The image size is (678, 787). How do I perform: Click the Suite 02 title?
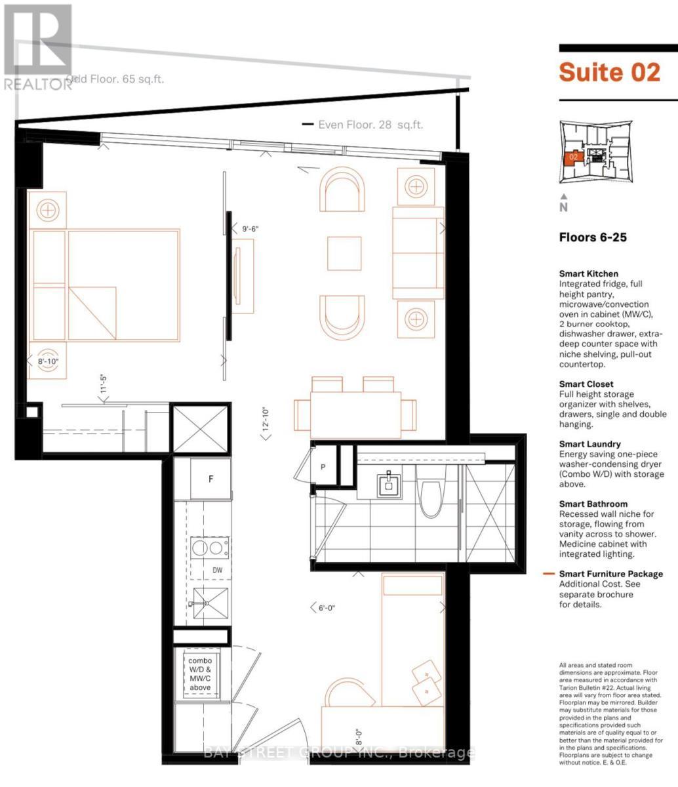click(608, 72)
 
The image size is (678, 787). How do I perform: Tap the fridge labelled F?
click(210, 479)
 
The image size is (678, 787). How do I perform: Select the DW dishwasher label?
click(217, 570)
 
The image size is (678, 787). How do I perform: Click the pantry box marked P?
click(323, 467)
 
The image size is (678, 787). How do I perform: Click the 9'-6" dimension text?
click(250, 229)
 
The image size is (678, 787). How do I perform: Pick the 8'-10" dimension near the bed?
click(49, 361)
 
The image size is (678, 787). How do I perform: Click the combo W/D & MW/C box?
click(201, 674)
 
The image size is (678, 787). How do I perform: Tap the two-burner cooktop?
click(210, 547)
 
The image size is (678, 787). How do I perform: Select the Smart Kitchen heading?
click(588, 273)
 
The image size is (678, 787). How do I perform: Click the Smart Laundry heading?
click(589, 444)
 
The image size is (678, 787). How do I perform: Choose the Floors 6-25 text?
click(593, 237)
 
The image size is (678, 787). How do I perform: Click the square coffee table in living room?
click(344, 253)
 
